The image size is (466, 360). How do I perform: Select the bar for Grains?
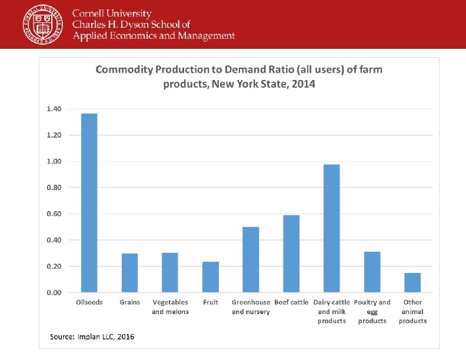coord(129,273)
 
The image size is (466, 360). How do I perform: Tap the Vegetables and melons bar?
coord(170,272)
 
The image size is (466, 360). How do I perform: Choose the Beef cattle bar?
coord(291,254)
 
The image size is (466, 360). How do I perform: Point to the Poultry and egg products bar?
coord(372,272)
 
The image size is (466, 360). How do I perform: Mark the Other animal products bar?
coord(412,282)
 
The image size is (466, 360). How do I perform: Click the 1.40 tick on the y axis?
coord(54,109)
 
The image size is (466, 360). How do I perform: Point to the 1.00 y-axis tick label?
coord(54,161)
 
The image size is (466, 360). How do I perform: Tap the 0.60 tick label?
coord(54,214)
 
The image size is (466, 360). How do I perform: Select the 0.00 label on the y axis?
coord(54,292)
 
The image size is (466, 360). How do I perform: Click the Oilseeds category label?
coord(89,302)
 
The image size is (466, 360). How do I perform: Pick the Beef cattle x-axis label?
coord(291,302)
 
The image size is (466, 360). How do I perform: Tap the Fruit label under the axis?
coord(211,302)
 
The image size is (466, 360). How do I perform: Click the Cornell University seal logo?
coord(43,24)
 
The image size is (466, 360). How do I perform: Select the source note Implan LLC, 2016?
coord(92,336)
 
